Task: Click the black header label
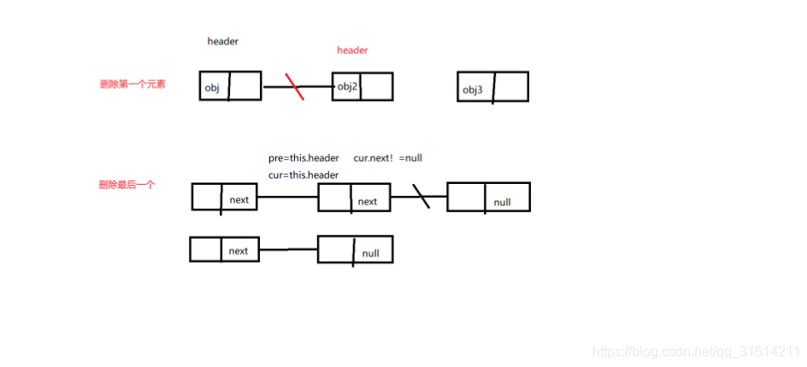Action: click(x=223, y=41)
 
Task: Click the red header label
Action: click(x=352, y=50)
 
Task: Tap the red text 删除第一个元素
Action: click(x=133, y=84)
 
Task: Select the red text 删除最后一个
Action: click(x=127, y=184)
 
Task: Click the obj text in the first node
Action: click(x=213, y=87)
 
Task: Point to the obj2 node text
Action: click(x=347, y=86)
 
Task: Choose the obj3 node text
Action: click(x=474, y=90)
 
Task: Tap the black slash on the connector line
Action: click(x=421, y=197)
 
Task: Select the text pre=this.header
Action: click(x=303, y=158)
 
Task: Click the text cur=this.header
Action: click(x=303, y=175)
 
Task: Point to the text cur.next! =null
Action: click(x=388, y=158)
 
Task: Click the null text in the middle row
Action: click(x=503, y=202)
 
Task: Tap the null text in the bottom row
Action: click(x=371, y=254)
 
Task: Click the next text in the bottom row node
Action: click(x=239, y=251)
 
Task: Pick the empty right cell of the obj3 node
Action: click(x=510, y=87)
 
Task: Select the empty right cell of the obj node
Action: click(x=244, y=86)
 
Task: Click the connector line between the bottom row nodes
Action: click(x=288, y=250)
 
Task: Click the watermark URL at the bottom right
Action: click(x=697, y=351)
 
